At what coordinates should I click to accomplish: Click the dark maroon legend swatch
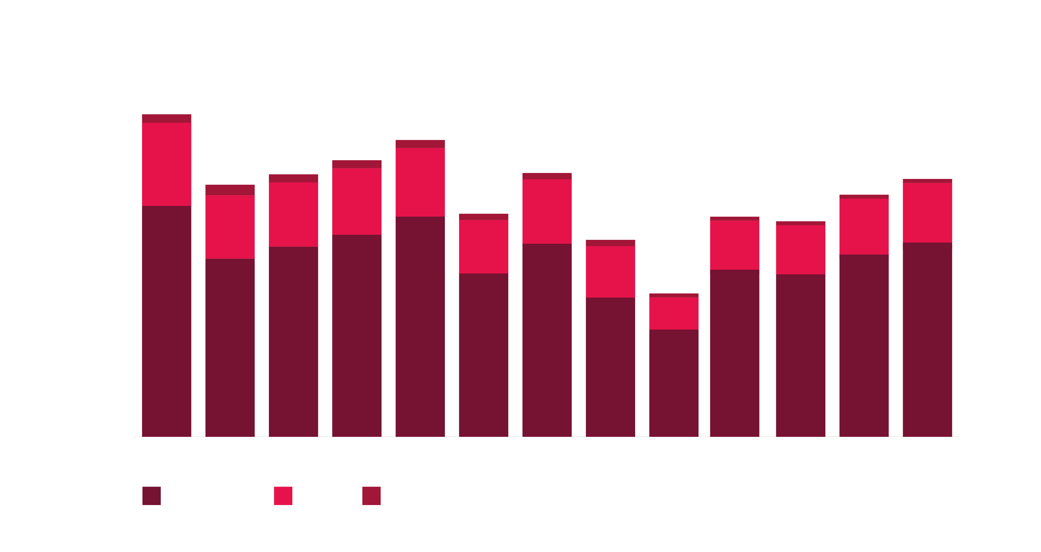point(151,496)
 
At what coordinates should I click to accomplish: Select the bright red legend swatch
point(283,496)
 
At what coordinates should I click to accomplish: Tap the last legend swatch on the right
point(371,496)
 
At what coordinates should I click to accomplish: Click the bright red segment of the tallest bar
point(166,164)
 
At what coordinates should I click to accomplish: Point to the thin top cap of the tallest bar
point(166,118)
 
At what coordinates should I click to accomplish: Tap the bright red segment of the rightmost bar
point(927,213)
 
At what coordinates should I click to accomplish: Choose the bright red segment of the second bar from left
point(230,227)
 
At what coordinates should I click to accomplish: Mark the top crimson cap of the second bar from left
point(230,190)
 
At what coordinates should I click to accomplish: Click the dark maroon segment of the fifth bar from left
point(420,326)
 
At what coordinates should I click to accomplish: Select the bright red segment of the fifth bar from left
point(420,182)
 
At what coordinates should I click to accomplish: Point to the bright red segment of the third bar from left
point(293,214)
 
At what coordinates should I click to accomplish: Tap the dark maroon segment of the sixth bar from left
point(483,355)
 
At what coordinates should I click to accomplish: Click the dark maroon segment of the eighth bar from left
point(610,367)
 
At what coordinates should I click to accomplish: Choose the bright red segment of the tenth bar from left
point(734,245)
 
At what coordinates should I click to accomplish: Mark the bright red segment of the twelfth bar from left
point(864,227)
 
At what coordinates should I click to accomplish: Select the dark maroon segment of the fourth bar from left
point(357,335)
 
